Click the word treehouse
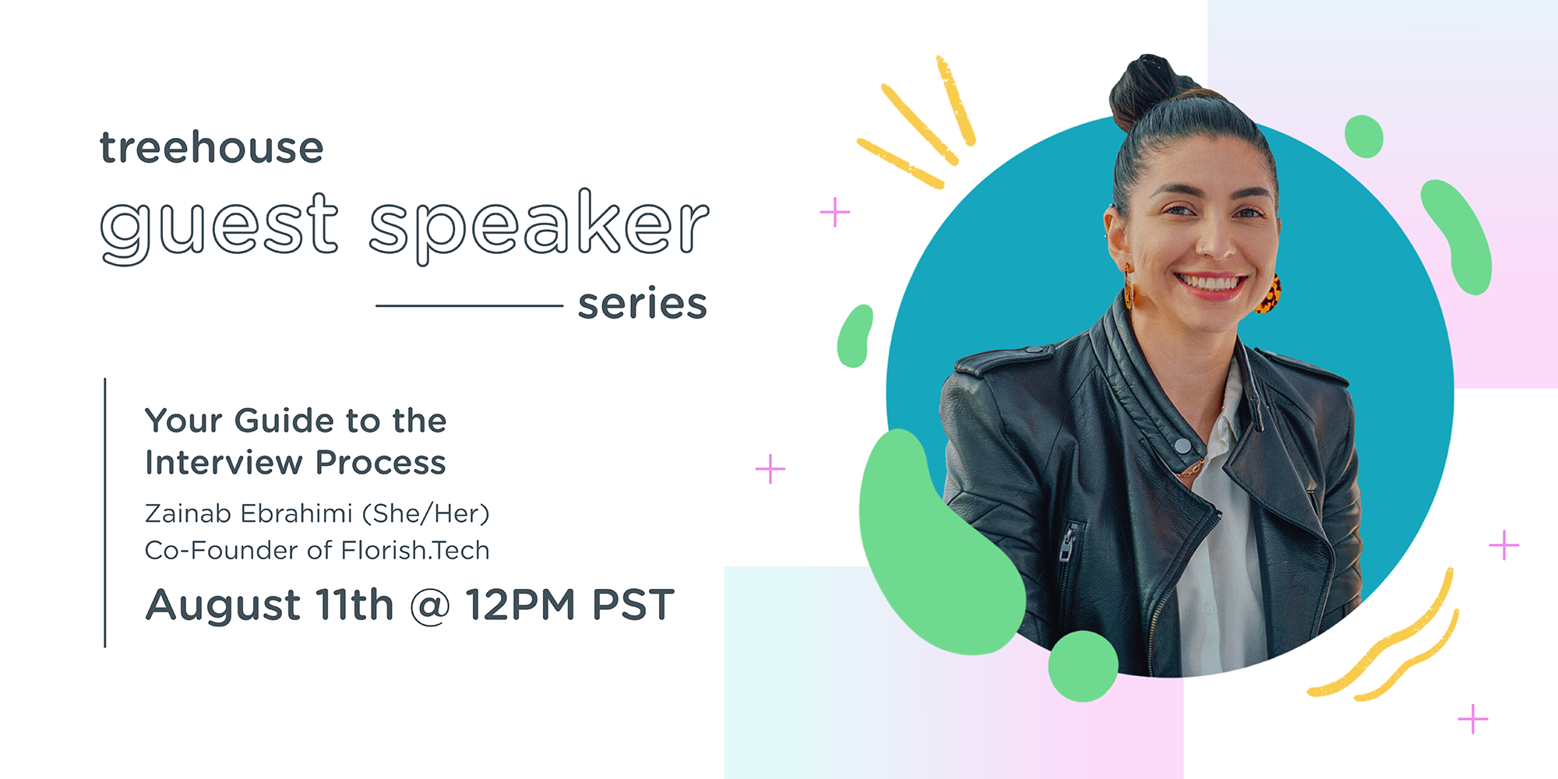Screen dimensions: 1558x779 pyautogui.click(x=211, y=147)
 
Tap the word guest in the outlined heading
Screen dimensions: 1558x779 pyautogui.click(x=220, y=226)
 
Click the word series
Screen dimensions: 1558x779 pyautogui.click(x=643, y=303)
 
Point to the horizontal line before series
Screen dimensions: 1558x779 pyautogui.click(x=469, y=305)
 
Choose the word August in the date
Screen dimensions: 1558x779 pyautogui.click(x=224, y=606)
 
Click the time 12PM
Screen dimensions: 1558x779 pyautogui.click(x=520, y=605)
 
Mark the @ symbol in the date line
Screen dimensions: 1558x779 pyautogui.click(x=430, y=606)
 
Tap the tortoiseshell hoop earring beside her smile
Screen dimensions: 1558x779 pyautogui.click(x=1267, y=294)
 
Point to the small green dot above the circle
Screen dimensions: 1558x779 pyautogui.click(x=1364, y=136)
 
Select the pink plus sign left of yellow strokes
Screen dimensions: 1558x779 pyautogui.click(x=834, y=212)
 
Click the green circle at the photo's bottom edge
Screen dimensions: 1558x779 pyautogui.click(x=1083, y=666)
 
